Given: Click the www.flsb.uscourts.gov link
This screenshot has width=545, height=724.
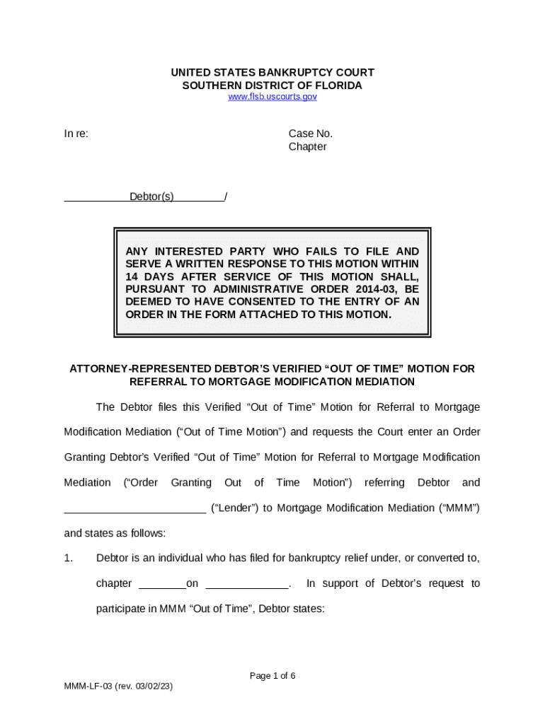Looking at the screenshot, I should [x=272, y=97].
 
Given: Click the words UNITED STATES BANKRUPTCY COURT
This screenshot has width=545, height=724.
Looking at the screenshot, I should [x=272, y=73].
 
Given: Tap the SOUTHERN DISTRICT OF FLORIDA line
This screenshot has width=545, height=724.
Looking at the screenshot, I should [x=272, y=86].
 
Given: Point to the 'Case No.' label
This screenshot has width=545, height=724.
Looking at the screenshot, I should [x=310, y=134].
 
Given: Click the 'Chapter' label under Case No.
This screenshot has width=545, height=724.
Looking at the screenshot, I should [x=307, y=146].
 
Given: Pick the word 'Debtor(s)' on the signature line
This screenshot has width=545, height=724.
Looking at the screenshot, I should [x=151, y=197].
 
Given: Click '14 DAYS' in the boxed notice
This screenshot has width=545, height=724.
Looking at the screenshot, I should [x=148, y=276].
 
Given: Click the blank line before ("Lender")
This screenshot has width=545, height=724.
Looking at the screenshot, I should [x=134, y=508].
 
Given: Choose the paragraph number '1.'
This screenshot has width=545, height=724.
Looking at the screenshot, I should [x=69, y=559].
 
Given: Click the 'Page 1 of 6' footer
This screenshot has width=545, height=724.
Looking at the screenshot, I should [x=272, y=676].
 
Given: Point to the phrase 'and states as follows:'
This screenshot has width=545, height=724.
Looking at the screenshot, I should [x=115, y=533].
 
